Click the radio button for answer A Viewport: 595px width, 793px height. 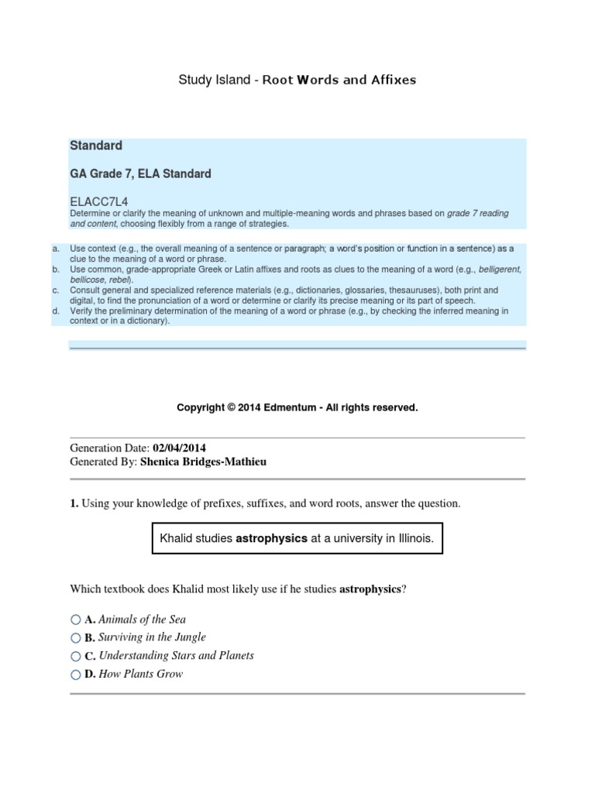[75, 620]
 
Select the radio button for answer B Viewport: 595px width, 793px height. [75, 638]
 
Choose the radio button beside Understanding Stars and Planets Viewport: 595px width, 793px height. [75, 657]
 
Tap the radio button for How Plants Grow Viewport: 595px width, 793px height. [75, 675]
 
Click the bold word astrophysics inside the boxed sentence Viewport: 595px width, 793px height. [271, 537]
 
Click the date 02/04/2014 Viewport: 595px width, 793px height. [179, 448]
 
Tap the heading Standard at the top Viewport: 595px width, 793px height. [96, 146]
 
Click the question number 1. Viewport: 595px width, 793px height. [74, 503]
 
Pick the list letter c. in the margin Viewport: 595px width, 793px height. [56, 290]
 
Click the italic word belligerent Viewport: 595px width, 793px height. [500, 269]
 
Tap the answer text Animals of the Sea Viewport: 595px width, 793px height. [143, 620]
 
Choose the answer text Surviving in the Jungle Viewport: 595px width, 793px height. [153, 637]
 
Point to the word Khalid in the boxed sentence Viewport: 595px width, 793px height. [176, 537]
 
